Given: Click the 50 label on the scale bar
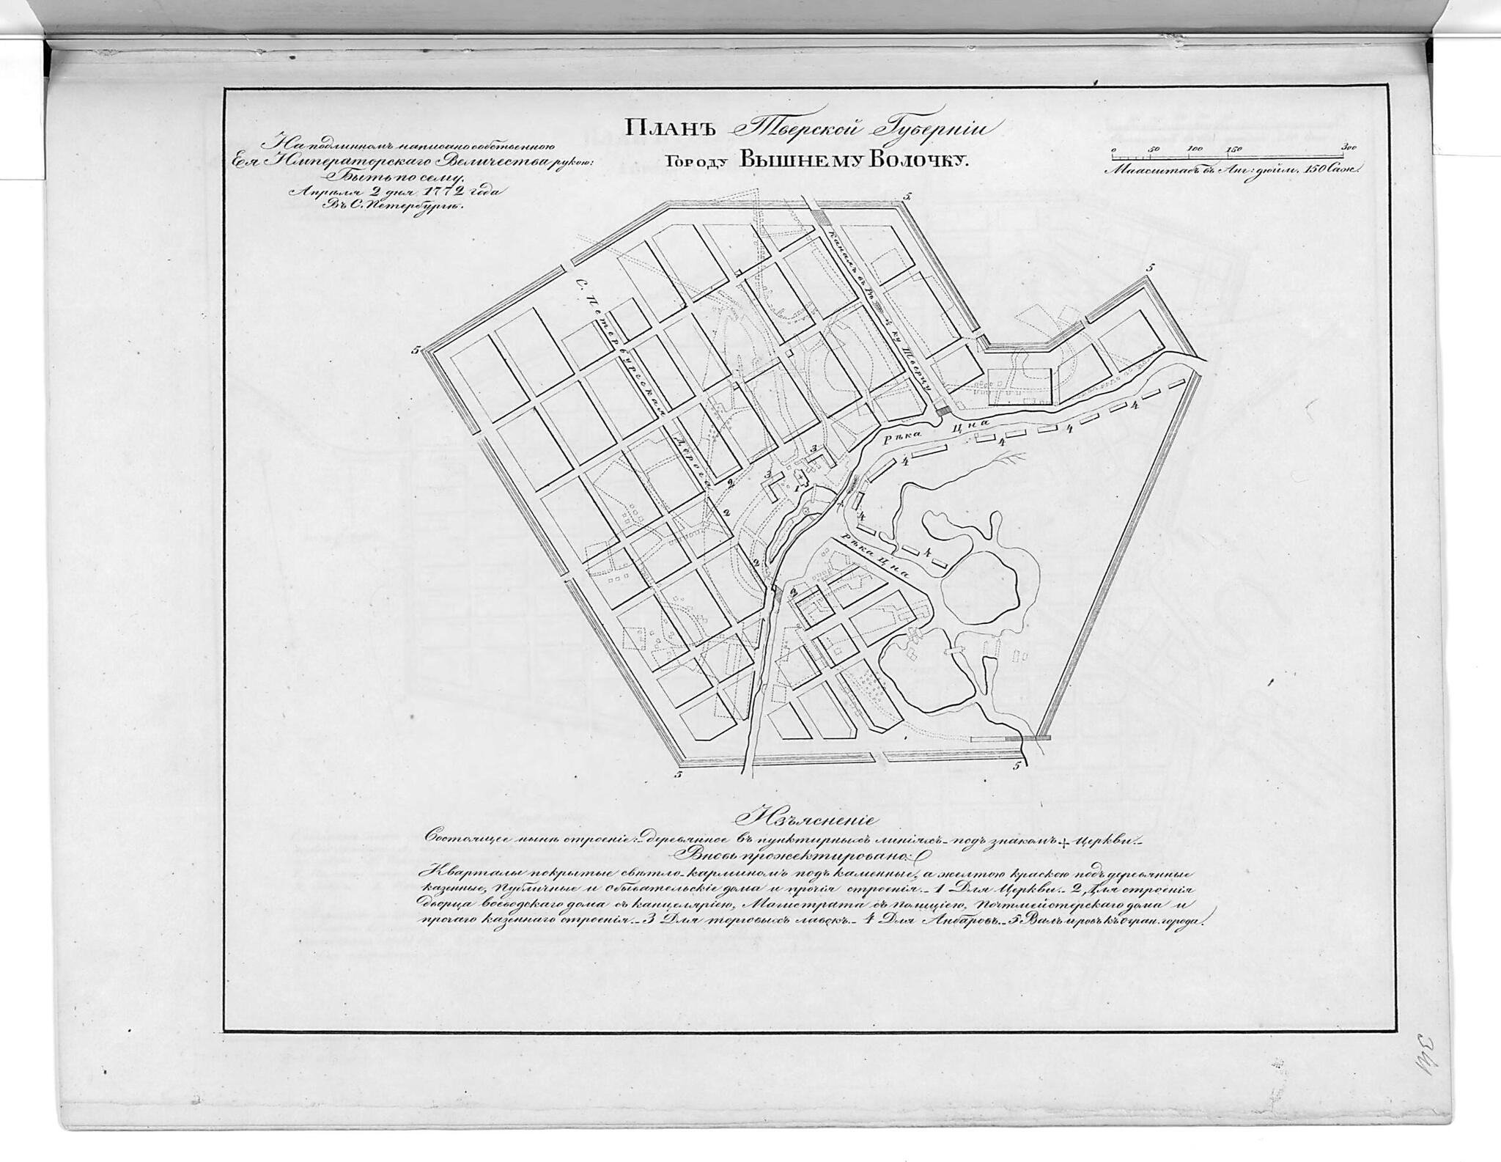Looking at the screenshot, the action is (1155, 149).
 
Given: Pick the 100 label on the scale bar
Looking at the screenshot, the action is (1195, 149).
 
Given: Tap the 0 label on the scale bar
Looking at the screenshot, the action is (1113, 149).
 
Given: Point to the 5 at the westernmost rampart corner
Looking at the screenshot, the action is (415, 350).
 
